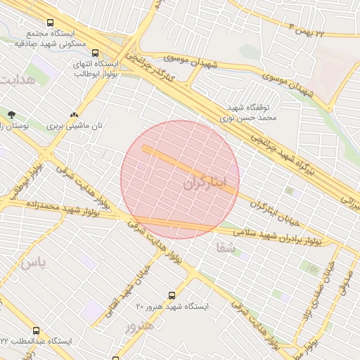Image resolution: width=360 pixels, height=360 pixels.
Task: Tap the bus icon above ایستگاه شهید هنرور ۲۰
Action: tap(172, 295)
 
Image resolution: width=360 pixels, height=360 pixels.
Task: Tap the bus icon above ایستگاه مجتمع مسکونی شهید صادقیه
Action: tap(49, 22)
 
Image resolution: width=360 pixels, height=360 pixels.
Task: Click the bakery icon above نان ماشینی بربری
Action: tap(75, 115)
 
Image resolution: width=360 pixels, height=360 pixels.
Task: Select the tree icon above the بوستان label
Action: tap(11, 115)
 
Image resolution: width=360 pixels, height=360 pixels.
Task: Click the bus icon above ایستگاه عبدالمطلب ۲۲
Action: tap(36, 330)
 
